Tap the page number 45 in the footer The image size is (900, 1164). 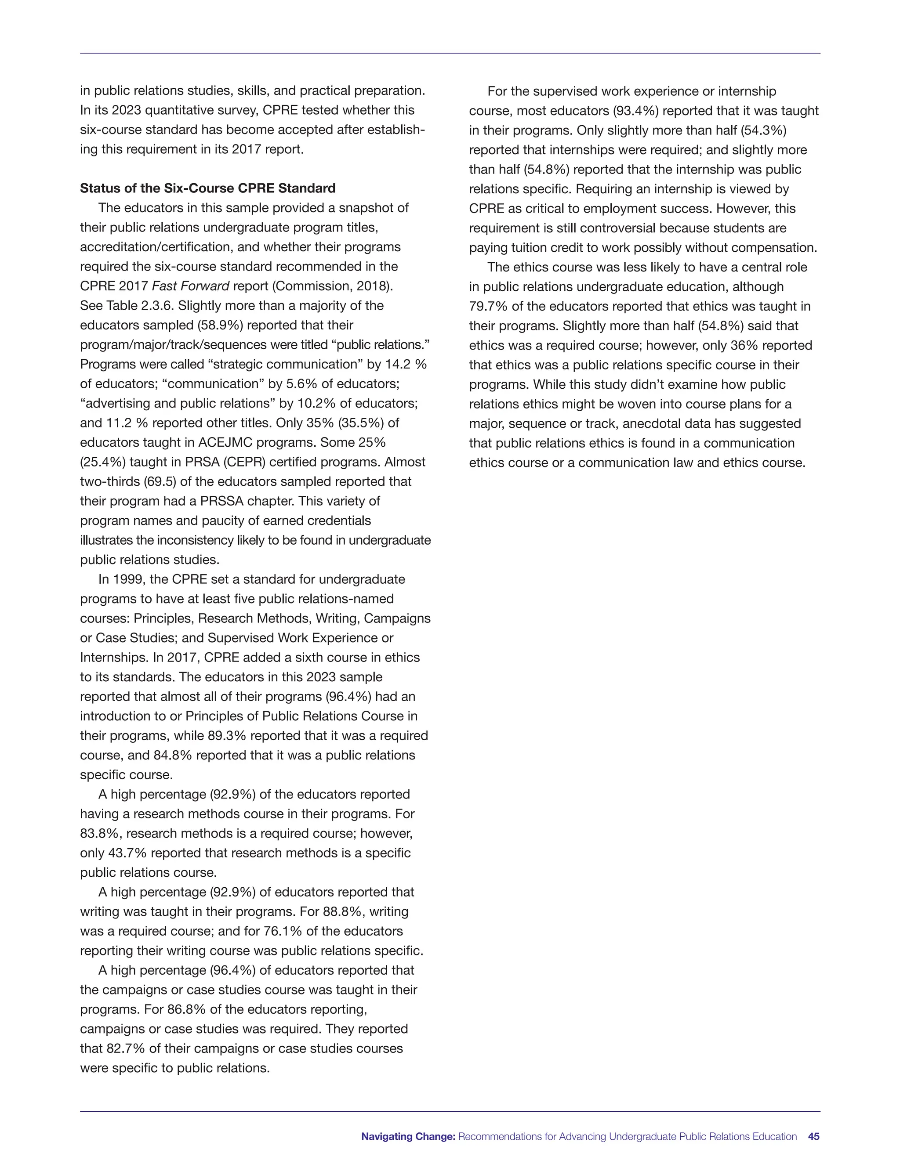click(813, 1136)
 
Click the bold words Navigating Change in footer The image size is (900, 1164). click(408, 1136)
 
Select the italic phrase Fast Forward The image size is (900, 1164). click(191, 286)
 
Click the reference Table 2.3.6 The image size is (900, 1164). click(131, 306)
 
